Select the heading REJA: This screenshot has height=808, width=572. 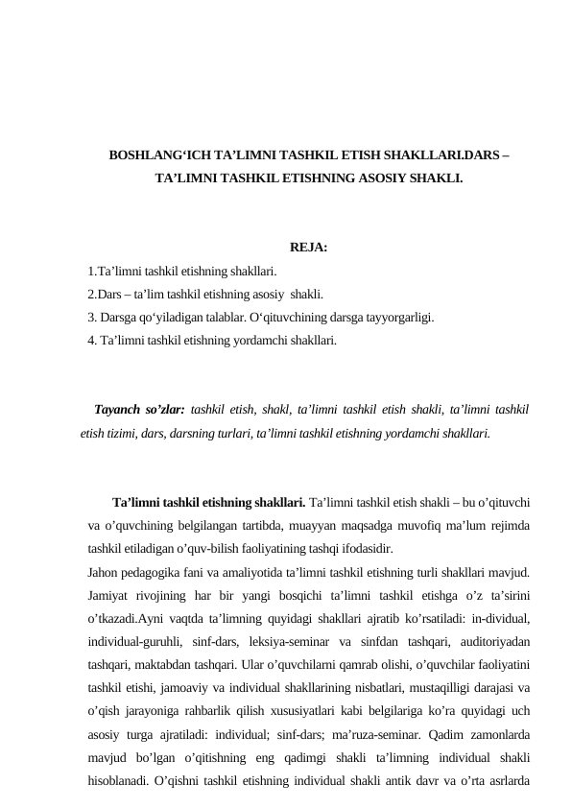click(x=309, y=250)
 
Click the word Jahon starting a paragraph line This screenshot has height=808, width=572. click(x=102, y=573)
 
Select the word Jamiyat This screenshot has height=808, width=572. click(x=107, y=596)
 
